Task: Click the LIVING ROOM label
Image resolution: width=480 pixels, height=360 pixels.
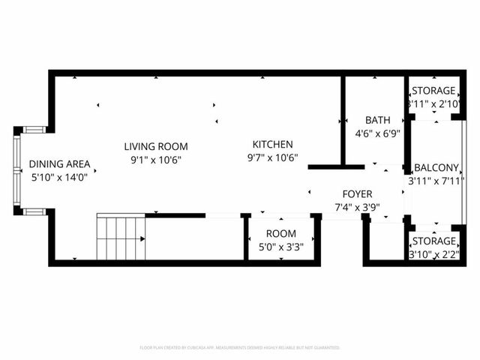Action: (x=156, y=146)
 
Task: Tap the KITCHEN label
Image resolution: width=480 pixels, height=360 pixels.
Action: (x=272, y=145)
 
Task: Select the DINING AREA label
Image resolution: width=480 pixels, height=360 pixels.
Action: (x=60, y=164)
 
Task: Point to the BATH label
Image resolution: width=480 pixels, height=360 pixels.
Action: (x=377, y=120)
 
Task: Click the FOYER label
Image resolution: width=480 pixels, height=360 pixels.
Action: (x=352, y=193)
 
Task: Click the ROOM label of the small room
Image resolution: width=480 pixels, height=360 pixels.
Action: (x=280, y=233)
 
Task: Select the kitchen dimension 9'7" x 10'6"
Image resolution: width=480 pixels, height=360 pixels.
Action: (x=272, y=157)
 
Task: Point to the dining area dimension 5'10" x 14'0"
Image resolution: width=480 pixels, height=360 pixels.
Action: (x=60, y=178)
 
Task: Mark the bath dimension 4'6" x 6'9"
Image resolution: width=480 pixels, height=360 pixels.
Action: (x=377, y=133)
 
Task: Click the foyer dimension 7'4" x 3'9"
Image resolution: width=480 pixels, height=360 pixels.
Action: (x=352, y=207)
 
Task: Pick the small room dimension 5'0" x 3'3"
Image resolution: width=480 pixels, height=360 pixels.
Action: (x=280, y=247)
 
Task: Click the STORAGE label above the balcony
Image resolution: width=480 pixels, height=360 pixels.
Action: (x=433, y=91)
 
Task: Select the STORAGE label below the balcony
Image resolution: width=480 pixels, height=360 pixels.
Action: (x=433, y=241)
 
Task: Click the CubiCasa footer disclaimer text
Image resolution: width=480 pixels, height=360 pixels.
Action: (x=240, y=347)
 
